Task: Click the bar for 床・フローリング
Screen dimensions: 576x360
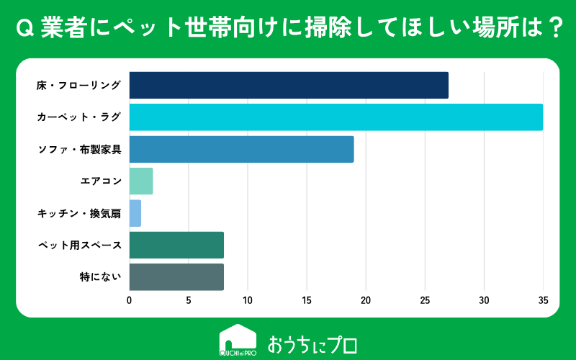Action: click(x=289, y=85)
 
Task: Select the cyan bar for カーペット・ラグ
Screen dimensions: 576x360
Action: click(x=336, y=117)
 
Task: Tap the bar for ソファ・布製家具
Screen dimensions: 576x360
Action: click(x=241, y=149)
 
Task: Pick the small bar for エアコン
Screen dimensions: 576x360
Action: click(x=141, y=181)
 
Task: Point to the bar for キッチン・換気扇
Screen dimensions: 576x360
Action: click(x=135, y=213)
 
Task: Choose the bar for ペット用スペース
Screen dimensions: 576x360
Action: click(x=176, y=245)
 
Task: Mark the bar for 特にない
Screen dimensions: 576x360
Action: click(x=176, y=277)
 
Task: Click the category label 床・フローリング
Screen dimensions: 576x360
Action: click(x=78, y=85)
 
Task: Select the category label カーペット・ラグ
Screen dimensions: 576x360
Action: click(x=78, y=117)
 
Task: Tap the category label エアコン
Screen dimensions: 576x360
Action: click(x=101, y=181)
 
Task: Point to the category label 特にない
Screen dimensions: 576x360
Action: click(x=100, y=276)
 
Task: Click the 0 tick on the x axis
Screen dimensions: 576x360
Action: click(x=130, y=300)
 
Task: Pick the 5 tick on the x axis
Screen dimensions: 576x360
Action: click(x=189, y=300)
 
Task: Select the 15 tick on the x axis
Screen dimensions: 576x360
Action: click(x=307, y=300)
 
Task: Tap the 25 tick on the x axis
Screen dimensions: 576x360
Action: click(x=425, y=300)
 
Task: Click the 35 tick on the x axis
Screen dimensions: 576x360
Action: click(x=544, y=300)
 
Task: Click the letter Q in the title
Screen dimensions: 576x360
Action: click(x=25, y=28)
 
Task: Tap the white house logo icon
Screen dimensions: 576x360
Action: click(x=238, y=340)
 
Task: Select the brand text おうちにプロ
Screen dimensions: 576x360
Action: click(x=312, y=344)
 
